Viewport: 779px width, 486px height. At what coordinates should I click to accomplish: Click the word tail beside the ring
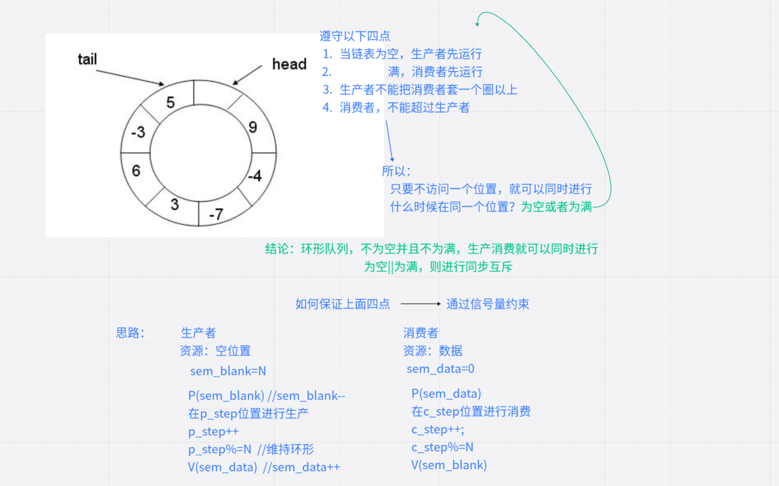tap(87, 59)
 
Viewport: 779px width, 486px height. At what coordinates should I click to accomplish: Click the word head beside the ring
tap(289, 64)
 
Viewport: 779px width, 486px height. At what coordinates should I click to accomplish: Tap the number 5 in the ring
tap(170, 103)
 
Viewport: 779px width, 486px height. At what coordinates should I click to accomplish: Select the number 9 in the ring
tap(253, 128)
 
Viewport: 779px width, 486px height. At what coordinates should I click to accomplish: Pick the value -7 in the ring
tap(216, 215)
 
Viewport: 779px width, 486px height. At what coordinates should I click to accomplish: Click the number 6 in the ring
tap(136, 170)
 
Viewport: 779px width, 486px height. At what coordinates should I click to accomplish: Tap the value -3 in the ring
tap(138, 132)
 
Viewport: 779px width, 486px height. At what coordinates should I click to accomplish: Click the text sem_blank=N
tap(228, 371)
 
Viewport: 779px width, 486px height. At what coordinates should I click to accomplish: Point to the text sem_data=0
tap(440, 369)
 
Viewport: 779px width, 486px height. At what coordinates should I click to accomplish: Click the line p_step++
tap(213, 432)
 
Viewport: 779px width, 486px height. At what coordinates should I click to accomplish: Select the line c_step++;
tap(438, 429)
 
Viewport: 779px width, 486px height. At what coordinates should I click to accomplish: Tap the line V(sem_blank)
tap(449, 465)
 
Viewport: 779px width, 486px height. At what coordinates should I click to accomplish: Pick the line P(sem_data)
tap(446, 394)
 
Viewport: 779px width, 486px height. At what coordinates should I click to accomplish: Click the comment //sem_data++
tap(302, 467)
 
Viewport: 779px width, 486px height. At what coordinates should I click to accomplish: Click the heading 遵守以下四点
tap(355, 36)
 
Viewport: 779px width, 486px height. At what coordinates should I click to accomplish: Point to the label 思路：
tap(130, 333)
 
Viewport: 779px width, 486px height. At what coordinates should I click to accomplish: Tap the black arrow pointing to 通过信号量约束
tap(420, 304)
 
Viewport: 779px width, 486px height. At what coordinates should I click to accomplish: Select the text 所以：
tap(396, 171)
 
